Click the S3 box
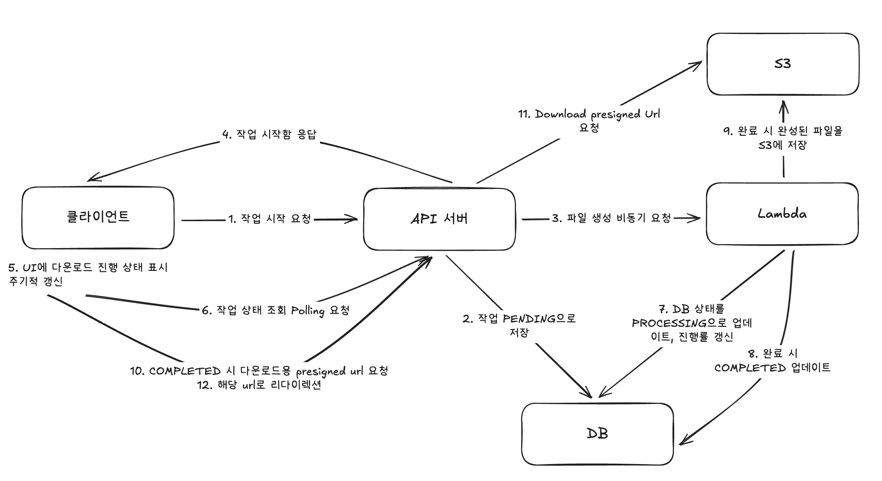tap(783, 64)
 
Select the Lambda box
tap(782, 214)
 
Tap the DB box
tap(597, 434)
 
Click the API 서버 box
tap(439, 219)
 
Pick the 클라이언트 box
tap(98, 217)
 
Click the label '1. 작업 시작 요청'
tap(270, 219)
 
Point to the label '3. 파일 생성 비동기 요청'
tap(611, 218)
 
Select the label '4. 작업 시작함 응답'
tap(269, 134)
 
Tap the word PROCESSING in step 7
tap(669, 323)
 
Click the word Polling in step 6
tap(308, 311)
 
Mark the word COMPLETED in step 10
tap(185, 371)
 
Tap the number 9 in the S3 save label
tap(727, 131)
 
